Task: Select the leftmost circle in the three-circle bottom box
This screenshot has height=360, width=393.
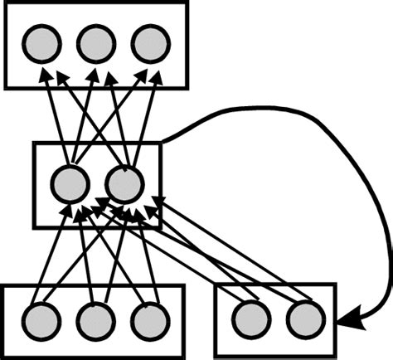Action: pos(41,319)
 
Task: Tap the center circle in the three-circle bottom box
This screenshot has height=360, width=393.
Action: pos(95,319)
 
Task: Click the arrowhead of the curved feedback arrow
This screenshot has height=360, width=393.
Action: pos(348,319)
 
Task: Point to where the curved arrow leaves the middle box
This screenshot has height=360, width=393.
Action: pos(163,142)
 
